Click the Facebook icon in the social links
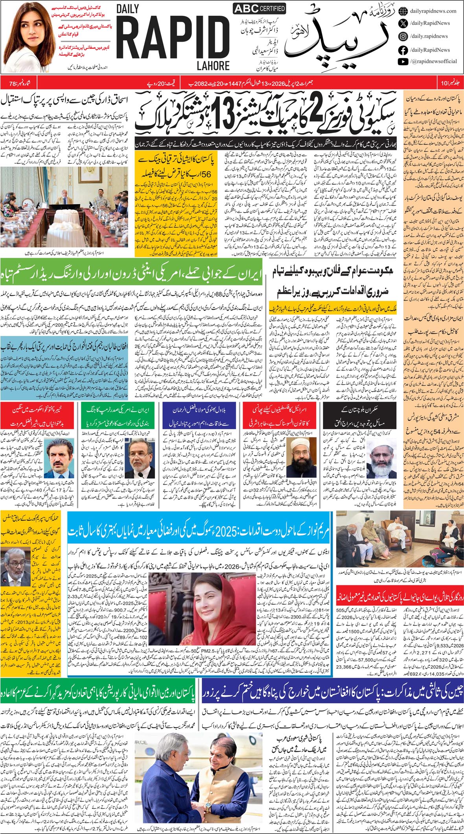click(403, 50)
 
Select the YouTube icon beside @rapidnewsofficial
click(403, 61)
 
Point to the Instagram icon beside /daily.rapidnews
click(403, 36)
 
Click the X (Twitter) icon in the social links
click(403, 23)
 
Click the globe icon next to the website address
click(403, 11)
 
